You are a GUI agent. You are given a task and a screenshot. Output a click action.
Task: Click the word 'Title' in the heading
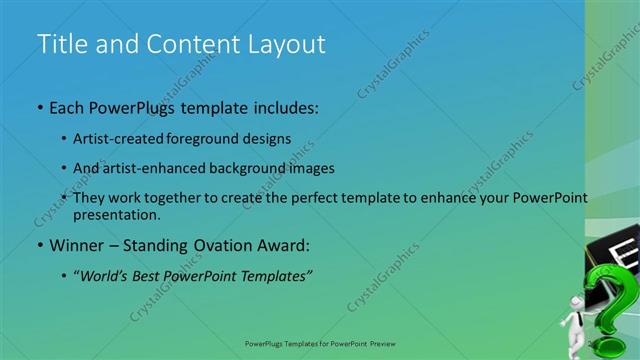(59, 44)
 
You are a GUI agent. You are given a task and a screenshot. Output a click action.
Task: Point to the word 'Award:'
(285, 245)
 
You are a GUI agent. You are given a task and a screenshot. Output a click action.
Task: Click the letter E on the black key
(622, 249)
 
